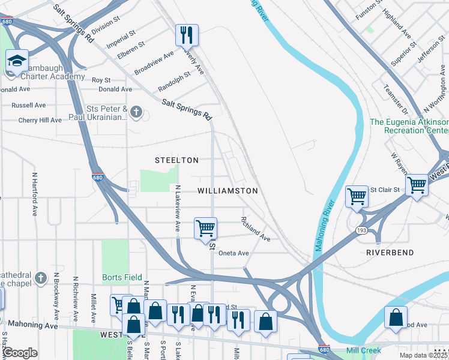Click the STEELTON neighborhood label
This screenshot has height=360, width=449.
tap(176, 160)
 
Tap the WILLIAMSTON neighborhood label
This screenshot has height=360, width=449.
tap(228, 191)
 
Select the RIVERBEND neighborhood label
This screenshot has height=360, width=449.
tap(390, 253)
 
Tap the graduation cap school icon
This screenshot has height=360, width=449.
tap(17, 60)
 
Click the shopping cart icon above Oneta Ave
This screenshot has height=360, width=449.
tap(205, 229)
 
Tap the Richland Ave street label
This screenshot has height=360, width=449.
tap(256, 230)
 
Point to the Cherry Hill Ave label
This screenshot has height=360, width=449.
tap(40, 120)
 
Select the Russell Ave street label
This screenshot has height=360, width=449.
tap(28, 105)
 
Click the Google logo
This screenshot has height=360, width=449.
tap(20, 352)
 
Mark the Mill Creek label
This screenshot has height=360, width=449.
tap(364, 350)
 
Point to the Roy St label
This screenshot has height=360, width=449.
tap(101, 80)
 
